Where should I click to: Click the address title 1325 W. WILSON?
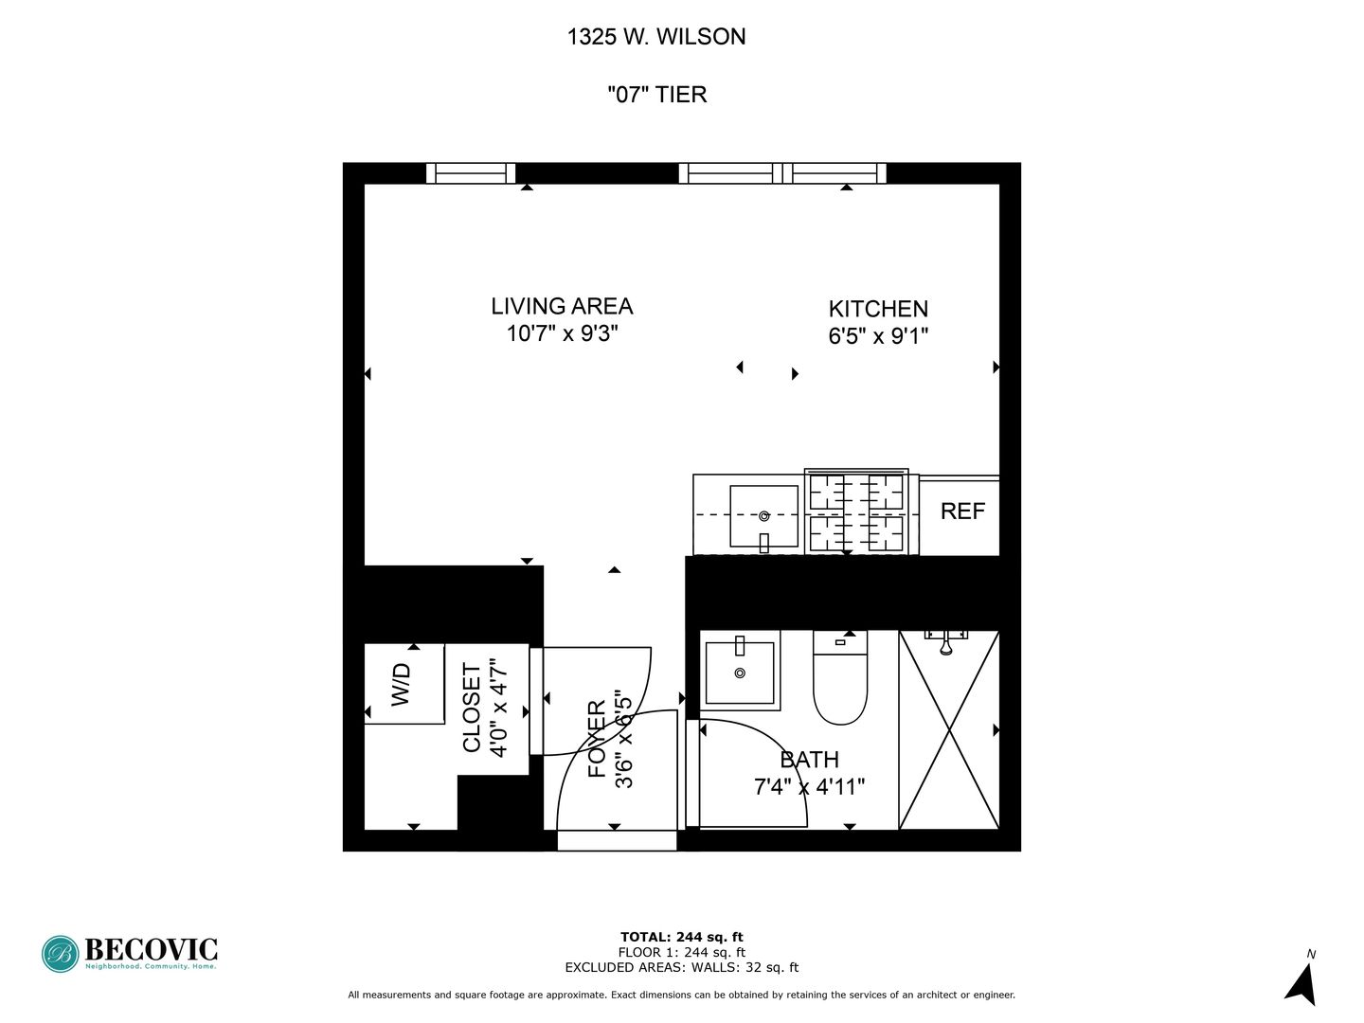[x=656, y=37]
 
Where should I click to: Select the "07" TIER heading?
[x=656, y=95]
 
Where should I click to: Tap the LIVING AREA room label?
[x=562, y=306]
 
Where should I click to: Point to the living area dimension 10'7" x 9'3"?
[x=562, y=333]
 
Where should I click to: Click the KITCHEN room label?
[x=878, y=309]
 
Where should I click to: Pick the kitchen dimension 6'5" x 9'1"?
[x=878, y=336]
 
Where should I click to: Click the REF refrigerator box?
[x=961, y=512]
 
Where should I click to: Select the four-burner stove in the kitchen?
[x=856, y=512]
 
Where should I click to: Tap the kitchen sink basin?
[x=763, y=516]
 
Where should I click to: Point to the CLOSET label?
[x=472, y=709]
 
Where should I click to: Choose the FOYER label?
[x=597, y=739]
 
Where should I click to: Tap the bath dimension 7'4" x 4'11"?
[x=810, y=787]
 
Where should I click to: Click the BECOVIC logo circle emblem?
[x=60, y=954]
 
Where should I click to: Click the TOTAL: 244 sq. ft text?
[x=681, y=937]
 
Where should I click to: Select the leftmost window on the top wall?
[x=471, y=173]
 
